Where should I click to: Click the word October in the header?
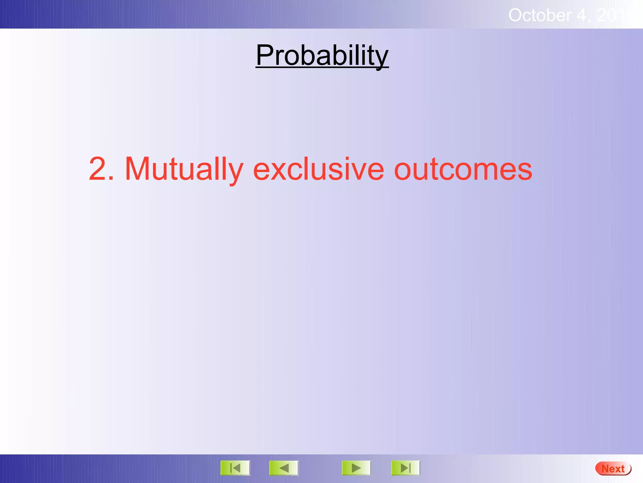(539, 15)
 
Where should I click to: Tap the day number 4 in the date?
(581, 15)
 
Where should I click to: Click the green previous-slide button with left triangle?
(284, 468)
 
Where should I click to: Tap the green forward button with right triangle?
(356, 468)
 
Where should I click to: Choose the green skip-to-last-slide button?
(405, 468)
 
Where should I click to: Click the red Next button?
(613, 469)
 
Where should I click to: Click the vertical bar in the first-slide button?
(231, 468)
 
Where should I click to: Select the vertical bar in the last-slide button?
(410, 468)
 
